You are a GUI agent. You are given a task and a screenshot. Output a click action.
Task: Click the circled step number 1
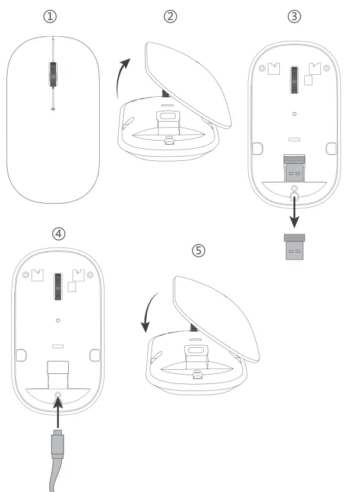click(x=52, y=17)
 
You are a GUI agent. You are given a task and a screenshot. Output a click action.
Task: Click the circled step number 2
click(x=171, y=17)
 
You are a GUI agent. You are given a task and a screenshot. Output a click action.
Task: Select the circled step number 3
click(x=293, y=17)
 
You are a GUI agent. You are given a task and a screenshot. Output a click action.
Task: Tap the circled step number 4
click(x=58, y=234)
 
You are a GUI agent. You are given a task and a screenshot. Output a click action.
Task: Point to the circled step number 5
click(x=199, y=250)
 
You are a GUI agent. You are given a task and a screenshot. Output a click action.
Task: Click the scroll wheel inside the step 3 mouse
click(x=293, y=79)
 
